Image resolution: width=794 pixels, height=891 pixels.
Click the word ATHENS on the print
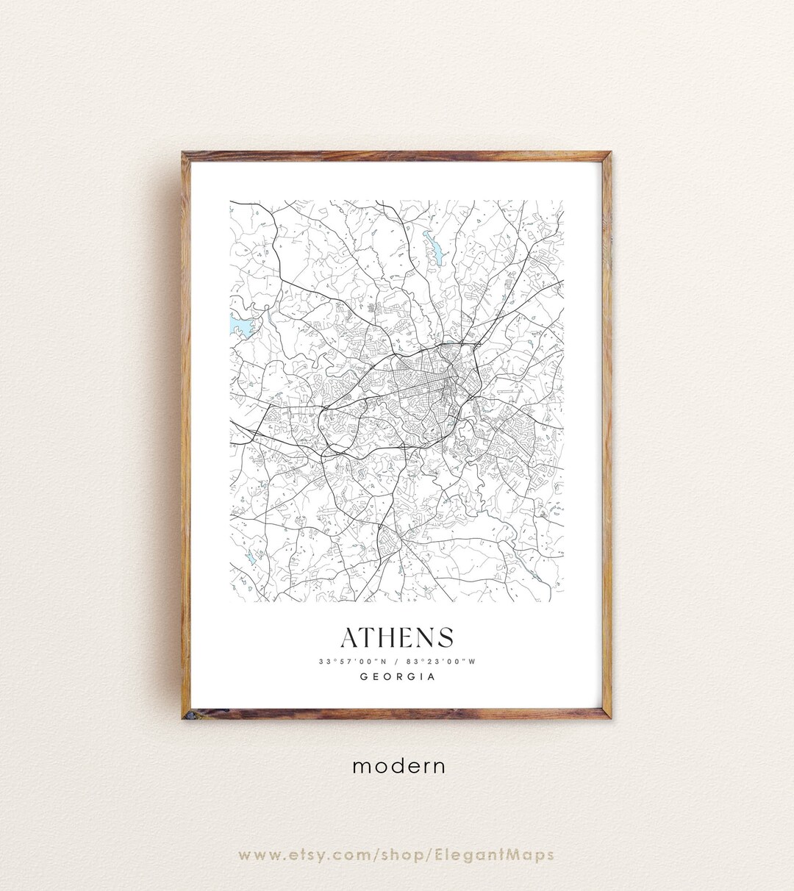coord(397,637)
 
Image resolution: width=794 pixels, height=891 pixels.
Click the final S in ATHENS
coord(445,637)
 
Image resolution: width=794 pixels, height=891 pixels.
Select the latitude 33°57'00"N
coord(351,662)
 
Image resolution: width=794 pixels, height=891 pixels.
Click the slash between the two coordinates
coord(396,662)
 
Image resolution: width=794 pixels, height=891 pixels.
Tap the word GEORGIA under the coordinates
coord(397,677)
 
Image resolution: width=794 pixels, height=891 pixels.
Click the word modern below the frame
coord(398,766)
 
